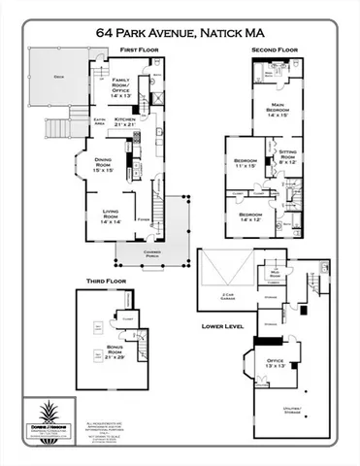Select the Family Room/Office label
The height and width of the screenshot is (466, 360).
(x=122, y=85)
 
